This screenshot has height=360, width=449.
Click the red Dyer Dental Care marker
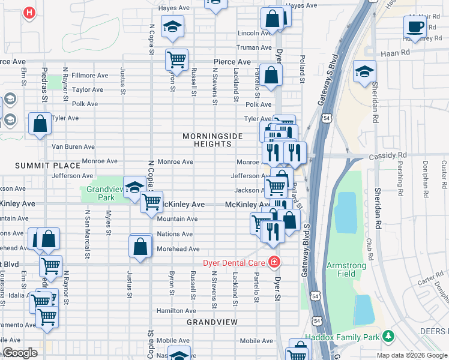pyautogui.click(x=274, y=262)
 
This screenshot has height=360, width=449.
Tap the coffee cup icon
pyautogui.click(x=414, y=26)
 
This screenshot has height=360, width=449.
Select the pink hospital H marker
pyautogui.click(x=28, y=13)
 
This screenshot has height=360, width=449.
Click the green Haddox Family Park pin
pyautogui.click(x=388, y=336)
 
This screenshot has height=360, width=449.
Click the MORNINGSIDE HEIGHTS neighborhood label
pyautogui.click(x=213, y=140)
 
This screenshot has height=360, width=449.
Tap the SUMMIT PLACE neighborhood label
pyautogui.click(x=47, y=166)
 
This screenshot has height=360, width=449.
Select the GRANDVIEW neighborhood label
pyautogui.click(x=212, y=322)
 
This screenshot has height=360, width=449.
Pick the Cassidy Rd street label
pyautogui.click(x=390, y=155)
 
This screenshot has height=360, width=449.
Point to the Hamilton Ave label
pyautogui.click(x=176, y=311)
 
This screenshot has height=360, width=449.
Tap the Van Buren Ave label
pyautogui.click(x=73, y=146)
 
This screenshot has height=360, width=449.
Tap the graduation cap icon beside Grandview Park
pyautogui.click(x=134, y=186)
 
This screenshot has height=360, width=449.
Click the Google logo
pyautogui.click(x=20, y=353)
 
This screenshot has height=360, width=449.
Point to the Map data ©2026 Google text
pyautogui.click(x=412, y=355)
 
